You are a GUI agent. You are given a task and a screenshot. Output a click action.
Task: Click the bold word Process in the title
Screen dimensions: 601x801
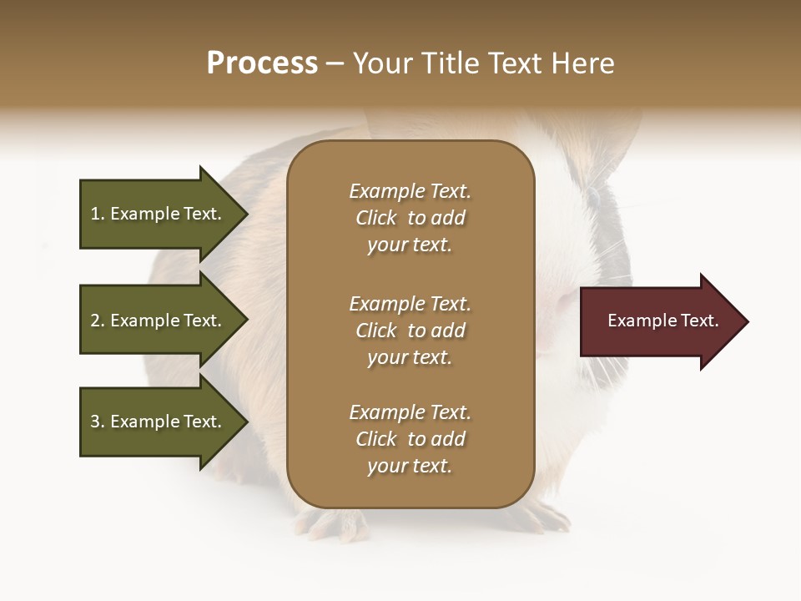(x=262, y=63)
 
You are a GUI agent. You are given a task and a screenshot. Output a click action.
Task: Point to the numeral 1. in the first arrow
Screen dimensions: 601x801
(x=98, y=214)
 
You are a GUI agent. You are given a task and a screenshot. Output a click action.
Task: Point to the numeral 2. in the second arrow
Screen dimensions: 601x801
(x=98, y=321)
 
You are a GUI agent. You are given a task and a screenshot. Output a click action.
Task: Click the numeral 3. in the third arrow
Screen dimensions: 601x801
(x=98, y=422)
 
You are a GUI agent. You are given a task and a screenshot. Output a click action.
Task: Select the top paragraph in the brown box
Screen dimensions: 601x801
(x=410, y=218)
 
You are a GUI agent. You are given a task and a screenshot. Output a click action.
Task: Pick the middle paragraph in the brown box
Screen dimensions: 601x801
(x=410, y=331)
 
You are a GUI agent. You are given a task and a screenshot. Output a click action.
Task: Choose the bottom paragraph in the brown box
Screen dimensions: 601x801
(x=410, y=439)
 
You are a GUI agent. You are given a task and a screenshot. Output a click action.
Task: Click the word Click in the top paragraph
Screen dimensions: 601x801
(x=376, y=218)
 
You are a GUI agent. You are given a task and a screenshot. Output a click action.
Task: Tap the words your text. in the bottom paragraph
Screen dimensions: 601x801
(x=410, y=466)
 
